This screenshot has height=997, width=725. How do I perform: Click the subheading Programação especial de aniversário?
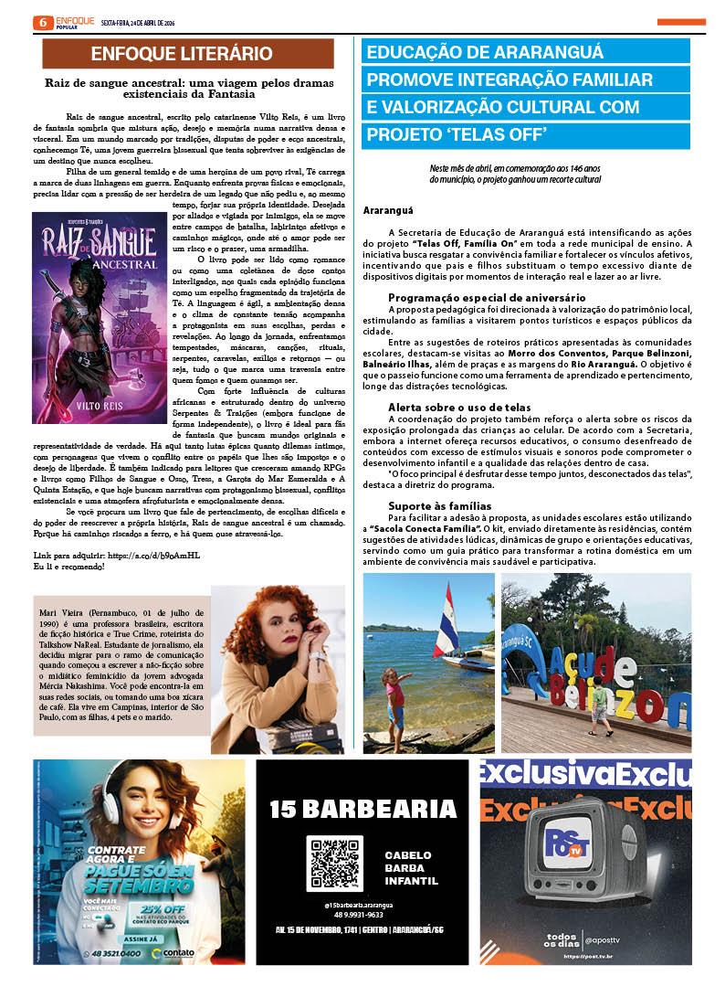pos(487,298)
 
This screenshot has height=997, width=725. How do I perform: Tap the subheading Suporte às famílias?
pos(439,505)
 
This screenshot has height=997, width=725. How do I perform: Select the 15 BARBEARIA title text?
pos(363,809)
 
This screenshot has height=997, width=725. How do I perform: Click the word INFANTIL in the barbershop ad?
pos(411,882)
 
